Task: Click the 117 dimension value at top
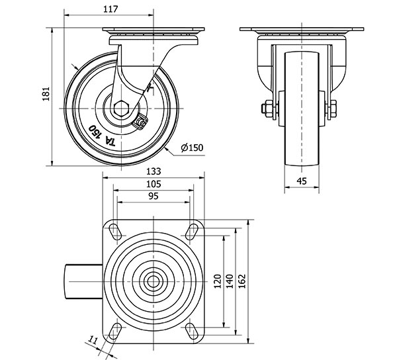tap(111, 9)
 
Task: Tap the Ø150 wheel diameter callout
tap(191, 148)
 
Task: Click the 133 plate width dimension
tap(154, 171)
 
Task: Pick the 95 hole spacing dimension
tap(154, 196)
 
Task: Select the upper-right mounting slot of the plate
tap(193, 230)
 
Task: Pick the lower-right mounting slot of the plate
tap(193, 330)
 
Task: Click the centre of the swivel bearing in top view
tap(154, 281)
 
